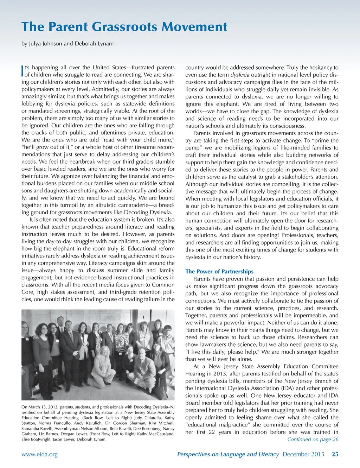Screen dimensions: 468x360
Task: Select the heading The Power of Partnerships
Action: click(219, 271)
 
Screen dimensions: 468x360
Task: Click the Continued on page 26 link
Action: click(313, 439)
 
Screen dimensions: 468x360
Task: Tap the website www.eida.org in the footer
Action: click(39, 454)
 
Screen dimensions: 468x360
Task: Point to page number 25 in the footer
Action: click(335, 454)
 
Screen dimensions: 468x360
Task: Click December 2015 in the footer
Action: click(303, 454)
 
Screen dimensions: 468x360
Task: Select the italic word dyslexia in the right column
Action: click(240, 75)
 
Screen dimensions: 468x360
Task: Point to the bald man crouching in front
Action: click(142, 366)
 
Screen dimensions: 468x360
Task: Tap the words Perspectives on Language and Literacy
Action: click(228, 454)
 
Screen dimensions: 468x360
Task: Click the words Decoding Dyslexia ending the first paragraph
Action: click(150, 212)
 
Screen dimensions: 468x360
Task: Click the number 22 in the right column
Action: click(212, 432)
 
